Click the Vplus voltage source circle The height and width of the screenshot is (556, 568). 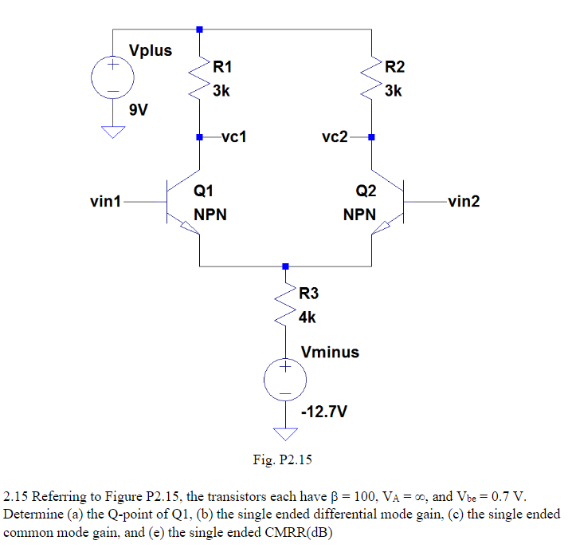(112, 77)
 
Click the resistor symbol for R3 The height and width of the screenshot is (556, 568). (285, 306)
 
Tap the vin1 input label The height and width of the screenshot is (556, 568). (106, 202)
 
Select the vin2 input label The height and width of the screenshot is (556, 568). (464, 202)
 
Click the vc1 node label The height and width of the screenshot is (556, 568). (233, 136)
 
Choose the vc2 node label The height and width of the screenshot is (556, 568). (335, 136)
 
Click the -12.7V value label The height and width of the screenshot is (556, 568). (324, 412)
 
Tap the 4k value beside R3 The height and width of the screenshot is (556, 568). (307, 317)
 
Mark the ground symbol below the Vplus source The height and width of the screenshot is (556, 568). (112, 132)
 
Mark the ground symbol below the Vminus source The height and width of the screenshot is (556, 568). (285, 434)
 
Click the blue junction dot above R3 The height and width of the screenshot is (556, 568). (285, 266)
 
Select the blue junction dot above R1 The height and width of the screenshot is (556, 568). (198, 30)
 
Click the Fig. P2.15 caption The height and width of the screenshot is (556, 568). (284, 459)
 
